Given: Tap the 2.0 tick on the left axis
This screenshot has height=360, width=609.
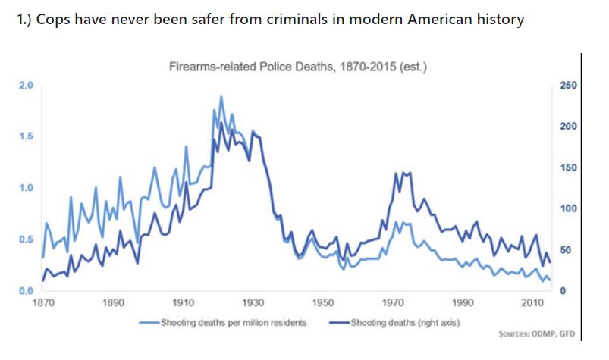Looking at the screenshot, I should (x=25, y=85).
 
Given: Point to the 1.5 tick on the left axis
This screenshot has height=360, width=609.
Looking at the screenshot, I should (x=25, y=136).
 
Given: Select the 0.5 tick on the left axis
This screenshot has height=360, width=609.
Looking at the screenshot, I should (x=25, y=239).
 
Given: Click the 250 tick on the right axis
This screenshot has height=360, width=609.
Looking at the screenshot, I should (x=567, y=86).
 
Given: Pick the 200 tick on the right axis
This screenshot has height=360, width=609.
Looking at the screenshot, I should (x=567, y=127).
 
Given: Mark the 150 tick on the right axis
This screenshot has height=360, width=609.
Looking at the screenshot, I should (x=567, y=167).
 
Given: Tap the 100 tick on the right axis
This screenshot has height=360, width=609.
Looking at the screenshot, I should (x=567, y=209).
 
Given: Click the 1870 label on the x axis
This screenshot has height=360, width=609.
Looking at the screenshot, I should (x=42, y=303).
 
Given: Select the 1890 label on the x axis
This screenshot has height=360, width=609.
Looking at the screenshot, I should (x=113, y=303).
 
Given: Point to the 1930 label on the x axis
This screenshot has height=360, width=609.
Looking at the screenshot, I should (x=253, y=303).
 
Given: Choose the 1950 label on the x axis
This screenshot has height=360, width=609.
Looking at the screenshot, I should (x=323, y=303).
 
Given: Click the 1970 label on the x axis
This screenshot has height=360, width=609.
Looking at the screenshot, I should (x=393, y=303).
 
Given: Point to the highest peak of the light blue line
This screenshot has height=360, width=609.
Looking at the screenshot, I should (x=221, y=97).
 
